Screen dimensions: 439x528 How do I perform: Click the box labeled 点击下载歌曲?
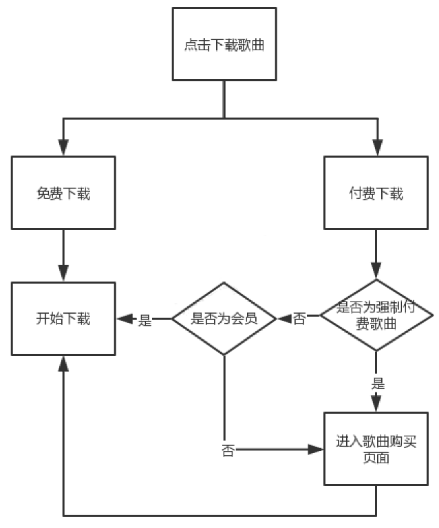[224, 44]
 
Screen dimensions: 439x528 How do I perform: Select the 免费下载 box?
[63, 193]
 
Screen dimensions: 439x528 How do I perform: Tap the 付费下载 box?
[376, 193]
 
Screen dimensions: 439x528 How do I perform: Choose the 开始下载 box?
[63, 319]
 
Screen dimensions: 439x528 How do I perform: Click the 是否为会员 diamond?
[224, 319]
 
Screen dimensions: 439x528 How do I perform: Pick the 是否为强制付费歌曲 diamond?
[376, 315]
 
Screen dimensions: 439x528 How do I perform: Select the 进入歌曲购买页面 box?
[376, 449]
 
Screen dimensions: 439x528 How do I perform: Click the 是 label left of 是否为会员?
[145, 320]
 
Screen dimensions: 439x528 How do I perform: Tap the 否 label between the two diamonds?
[299, 319]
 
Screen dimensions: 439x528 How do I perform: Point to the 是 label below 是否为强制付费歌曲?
[378, 383]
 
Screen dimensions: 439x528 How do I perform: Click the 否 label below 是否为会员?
[228, 450]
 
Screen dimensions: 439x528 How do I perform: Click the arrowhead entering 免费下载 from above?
[63, 147]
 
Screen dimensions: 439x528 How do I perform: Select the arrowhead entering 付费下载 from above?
[378, 147]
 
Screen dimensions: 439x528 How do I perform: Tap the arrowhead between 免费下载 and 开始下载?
[63, 273]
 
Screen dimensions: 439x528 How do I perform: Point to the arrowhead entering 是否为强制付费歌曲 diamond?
[376, 271]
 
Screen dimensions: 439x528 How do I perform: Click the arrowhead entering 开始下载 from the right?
[125, 319]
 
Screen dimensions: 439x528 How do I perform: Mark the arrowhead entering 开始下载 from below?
[63, 364]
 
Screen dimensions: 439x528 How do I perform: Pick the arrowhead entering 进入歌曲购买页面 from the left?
[315, 450]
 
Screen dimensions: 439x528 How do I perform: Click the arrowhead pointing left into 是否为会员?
[285, 318]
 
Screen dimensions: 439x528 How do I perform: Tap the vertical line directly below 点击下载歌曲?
[224, 99]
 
